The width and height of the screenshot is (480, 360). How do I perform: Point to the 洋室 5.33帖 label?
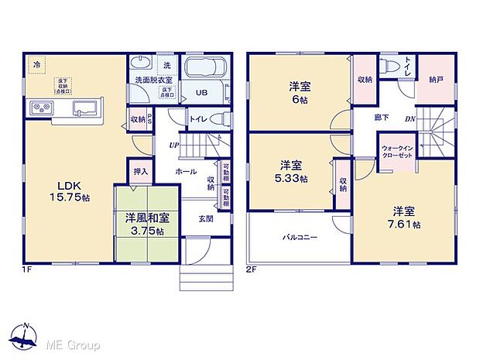click(x=292, y=171)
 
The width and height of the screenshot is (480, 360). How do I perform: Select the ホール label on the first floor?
click(x=185, y=171)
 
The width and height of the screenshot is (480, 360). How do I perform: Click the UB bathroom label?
click(x=201, y=94)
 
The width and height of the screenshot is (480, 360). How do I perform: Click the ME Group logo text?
click(x=74, y=343)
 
